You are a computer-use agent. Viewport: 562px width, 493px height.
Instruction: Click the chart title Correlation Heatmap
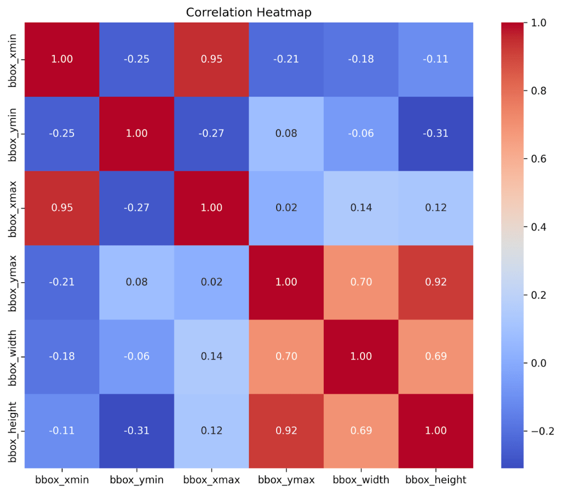[x=249, y=12]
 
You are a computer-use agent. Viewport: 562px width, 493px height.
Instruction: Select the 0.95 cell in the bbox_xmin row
[x=212, y=59]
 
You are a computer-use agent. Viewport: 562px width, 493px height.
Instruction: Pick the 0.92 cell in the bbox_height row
[x=286, y=431]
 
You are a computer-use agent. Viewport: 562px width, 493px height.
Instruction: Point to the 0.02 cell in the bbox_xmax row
[x=286, y=208]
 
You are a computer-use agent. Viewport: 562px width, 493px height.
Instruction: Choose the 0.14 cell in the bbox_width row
[x=212, y=356]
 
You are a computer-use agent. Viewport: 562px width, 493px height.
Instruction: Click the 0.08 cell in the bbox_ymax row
[x=137, y=282]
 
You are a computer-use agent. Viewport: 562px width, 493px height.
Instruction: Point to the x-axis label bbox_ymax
[x=286, y=480]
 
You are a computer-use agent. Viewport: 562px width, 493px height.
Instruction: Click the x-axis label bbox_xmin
[x=62, y=480]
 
